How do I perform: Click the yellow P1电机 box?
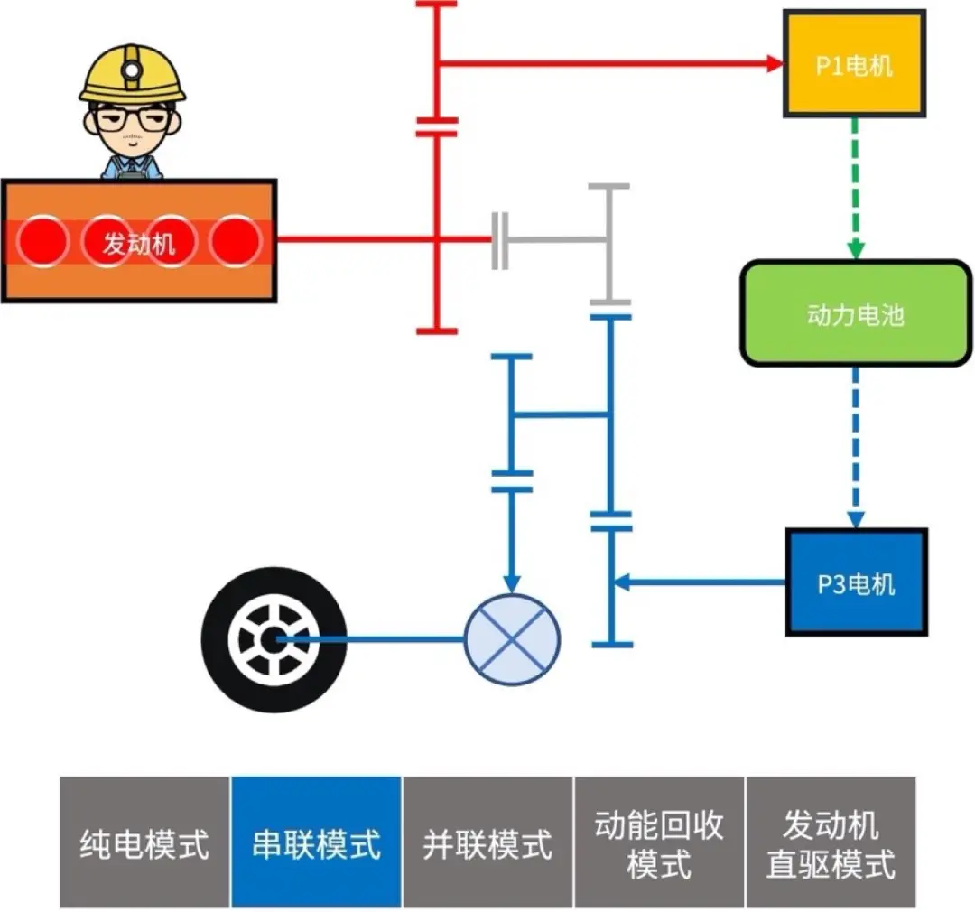[854, 64]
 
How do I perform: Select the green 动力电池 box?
[854, 314]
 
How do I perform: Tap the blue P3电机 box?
[856, 582]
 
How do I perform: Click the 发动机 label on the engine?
[138, 242]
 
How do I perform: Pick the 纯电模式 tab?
[144, 842]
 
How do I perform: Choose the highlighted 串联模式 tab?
[316, 842]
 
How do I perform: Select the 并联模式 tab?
[487, 842]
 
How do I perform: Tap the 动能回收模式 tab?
[659, 842]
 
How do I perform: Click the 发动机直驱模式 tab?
[831, 842]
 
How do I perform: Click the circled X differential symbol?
[512, 638]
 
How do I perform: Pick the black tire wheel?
[274, 639]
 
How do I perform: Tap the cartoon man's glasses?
[132, 117]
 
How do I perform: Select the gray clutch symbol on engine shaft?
[500, 241]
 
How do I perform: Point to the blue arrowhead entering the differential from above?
[512, 582]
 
